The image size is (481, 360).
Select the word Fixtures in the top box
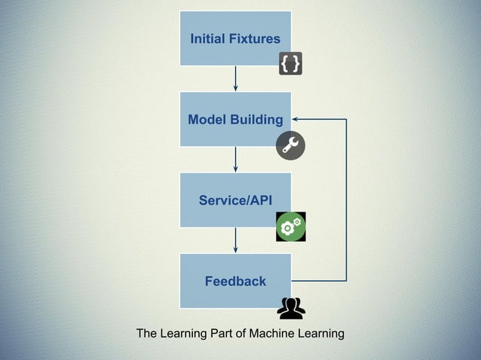click(256, 38)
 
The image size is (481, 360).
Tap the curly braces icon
click(291, 65)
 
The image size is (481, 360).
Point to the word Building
click(258, 120)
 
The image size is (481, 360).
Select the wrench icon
click(290, 145)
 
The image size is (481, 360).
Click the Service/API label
click(235, 200)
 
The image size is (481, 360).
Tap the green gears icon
click(290, 227)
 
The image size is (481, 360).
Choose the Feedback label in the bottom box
click(235, 281)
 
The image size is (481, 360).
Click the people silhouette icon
click(291, 307)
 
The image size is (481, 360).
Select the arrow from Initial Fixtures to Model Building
click(236, 78)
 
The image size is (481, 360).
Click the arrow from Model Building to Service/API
click(236, 159)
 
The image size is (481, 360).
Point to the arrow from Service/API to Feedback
click(236, 239)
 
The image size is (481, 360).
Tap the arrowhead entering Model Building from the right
click(296, 119)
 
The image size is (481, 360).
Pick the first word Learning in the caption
click(182, 334)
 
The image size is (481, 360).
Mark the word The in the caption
click(147, 334)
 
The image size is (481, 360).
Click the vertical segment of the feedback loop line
click(346, 200)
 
